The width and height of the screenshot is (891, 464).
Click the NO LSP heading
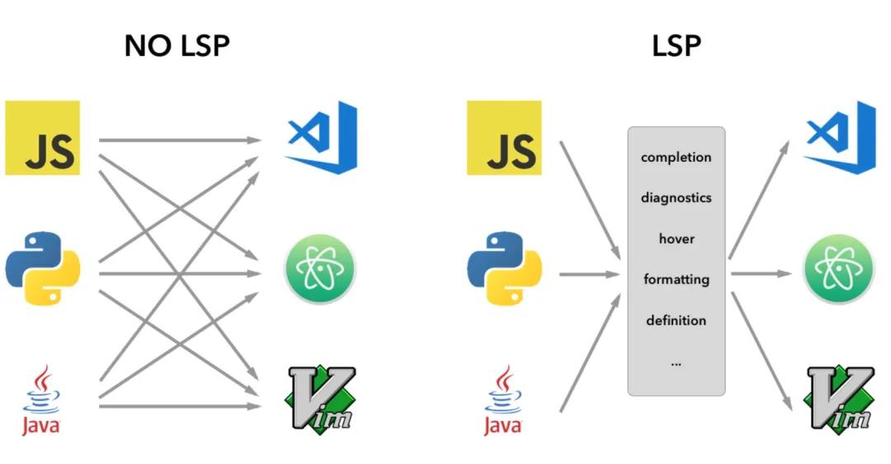[x=177, y=45]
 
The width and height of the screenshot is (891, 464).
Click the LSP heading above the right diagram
[x=676, y=45]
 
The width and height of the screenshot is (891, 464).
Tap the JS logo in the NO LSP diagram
[x=42, y=138]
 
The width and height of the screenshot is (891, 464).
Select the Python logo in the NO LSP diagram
[x=42, y=268]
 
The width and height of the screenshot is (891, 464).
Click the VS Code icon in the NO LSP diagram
[x=321, y=137]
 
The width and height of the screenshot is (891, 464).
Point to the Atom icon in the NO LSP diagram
[x=319, y=269]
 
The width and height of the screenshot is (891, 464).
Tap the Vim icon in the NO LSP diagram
[x=320, y=399]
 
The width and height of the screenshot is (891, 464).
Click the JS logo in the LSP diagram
[x=504, y=138]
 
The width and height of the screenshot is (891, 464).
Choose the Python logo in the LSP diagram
[x=504, y=268]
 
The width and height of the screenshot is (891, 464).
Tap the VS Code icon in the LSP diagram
[x=839, y=137]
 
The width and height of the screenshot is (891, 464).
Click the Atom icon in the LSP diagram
[x=838, y=269]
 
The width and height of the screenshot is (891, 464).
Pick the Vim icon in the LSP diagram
[x=839, y=399]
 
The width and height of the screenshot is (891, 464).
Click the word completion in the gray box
[x=676, y=157]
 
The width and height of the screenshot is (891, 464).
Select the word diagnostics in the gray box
[x=676, y=198]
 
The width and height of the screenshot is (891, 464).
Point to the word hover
[x=676, y=239]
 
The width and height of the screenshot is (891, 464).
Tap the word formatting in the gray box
[x=676, y=279]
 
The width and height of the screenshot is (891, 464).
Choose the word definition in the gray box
[x=676, y=320]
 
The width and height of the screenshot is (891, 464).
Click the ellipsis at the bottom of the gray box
[x=676, y=362]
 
